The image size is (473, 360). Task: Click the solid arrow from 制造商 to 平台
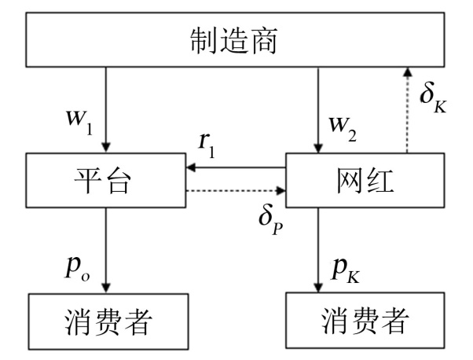(107, 110)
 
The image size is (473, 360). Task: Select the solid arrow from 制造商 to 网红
(317, 110)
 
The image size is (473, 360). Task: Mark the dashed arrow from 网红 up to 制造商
(406, 110)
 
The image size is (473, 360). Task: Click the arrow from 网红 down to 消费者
(317, 252)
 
